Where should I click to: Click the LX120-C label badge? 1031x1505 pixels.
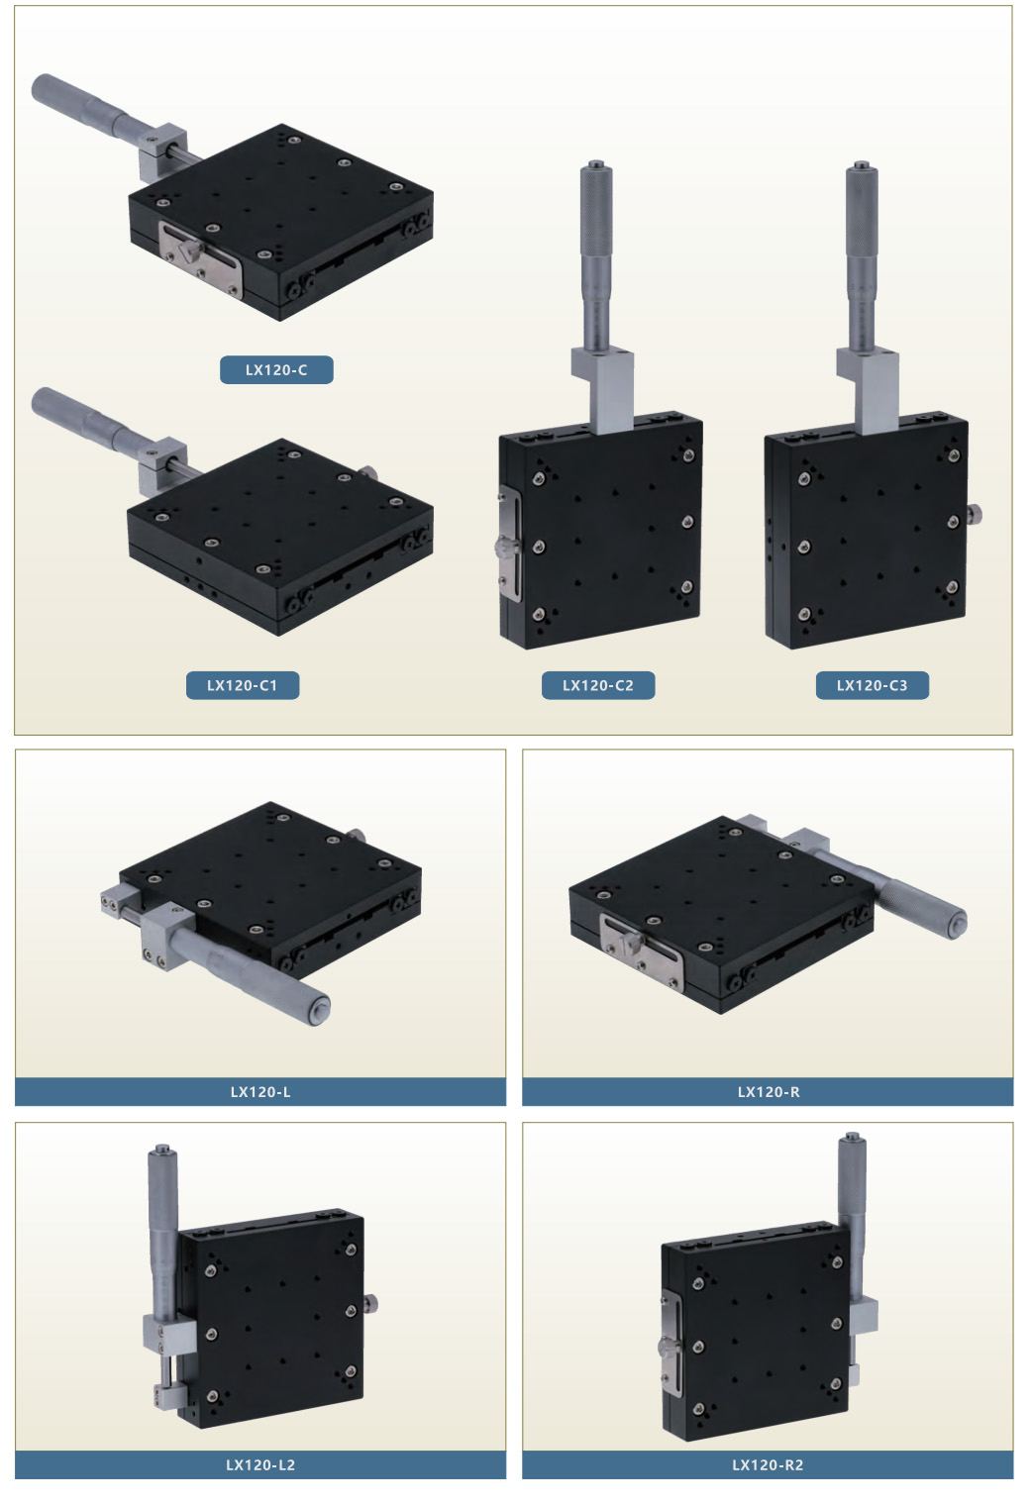click(276, 369)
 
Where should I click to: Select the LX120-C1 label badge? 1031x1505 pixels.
click(243, 685)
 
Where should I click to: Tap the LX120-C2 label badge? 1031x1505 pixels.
click(598, 685)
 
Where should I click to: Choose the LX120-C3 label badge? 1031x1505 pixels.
click(873, 685)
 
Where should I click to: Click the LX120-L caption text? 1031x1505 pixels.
click(260, 1092)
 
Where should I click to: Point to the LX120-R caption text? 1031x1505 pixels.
click(769, 1092)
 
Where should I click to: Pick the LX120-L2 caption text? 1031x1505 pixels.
click(260, 1464)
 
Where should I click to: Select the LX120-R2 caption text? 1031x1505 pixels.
click(769, 1464)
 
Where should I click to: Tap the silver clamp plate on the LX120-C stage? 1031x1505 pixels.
click(200, 258)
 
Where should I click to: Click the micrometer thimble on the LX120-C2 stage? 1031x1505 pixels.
click(596, 215)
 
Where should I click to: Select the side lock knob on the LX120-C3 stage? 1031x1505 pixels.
click(974, 514)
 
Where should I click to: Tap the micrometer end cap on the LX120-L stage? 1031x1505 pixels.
click(316, 1011)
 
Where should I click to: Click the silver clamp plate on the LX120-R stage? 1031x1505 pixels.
click(642, 952)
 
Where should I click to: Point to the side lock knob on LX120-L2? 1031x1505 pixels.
click(370, 1304)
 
